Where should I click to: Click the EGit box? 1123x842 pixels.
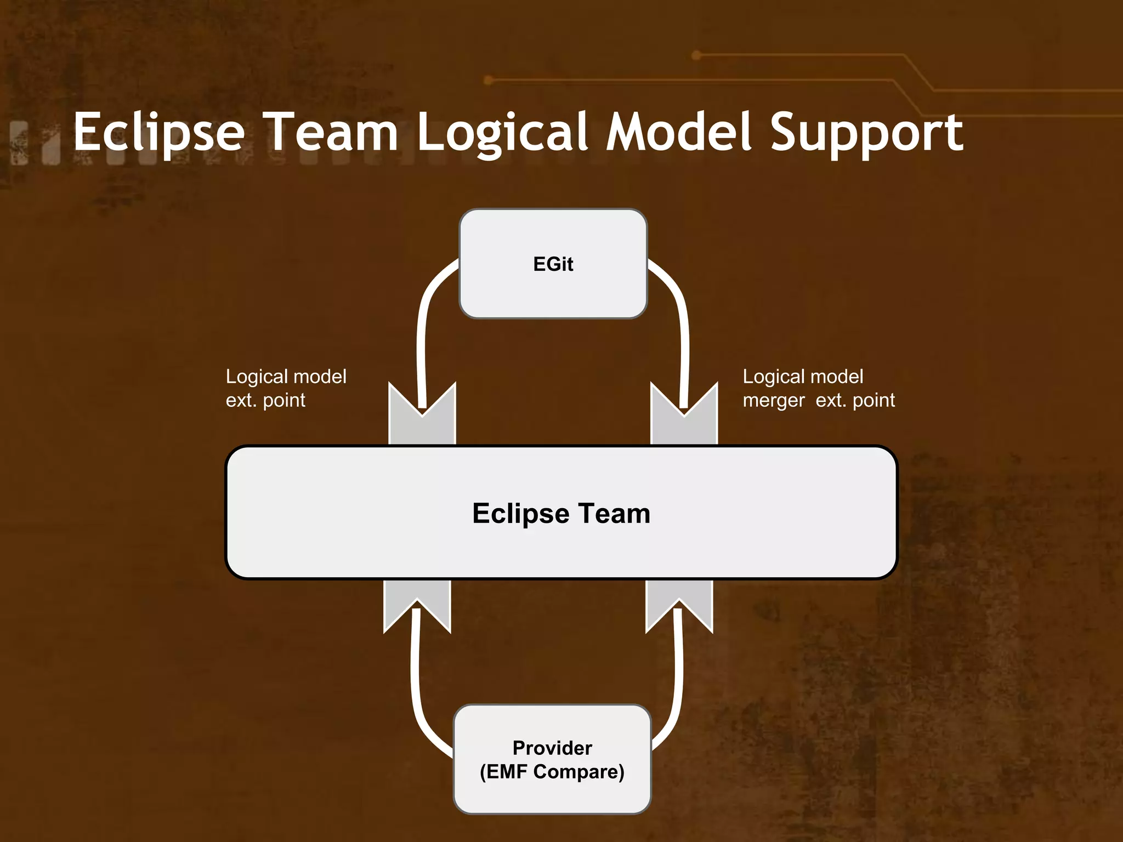(x=553, y=264)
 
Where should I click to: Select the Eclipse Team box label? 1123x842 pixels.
(x=561, y=514)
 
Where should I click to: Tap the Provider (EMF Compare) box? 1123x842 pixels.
(x=552, y=759)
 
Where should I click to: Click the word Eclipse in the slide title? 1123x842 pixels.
(x=159, y=133)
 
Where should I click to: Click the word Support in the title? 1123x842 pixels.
(x=866, y=133)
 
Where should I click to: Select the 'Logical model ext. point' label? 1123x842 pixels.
(x=286, y=388)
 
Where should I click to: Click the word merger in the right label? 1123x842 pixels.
(x=774, y=401)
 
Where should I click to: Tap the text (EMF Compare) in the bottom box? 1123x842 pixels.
(x=552, y=772)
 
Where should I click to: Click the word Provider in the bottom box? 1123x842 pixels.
(x=552, y=748)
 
